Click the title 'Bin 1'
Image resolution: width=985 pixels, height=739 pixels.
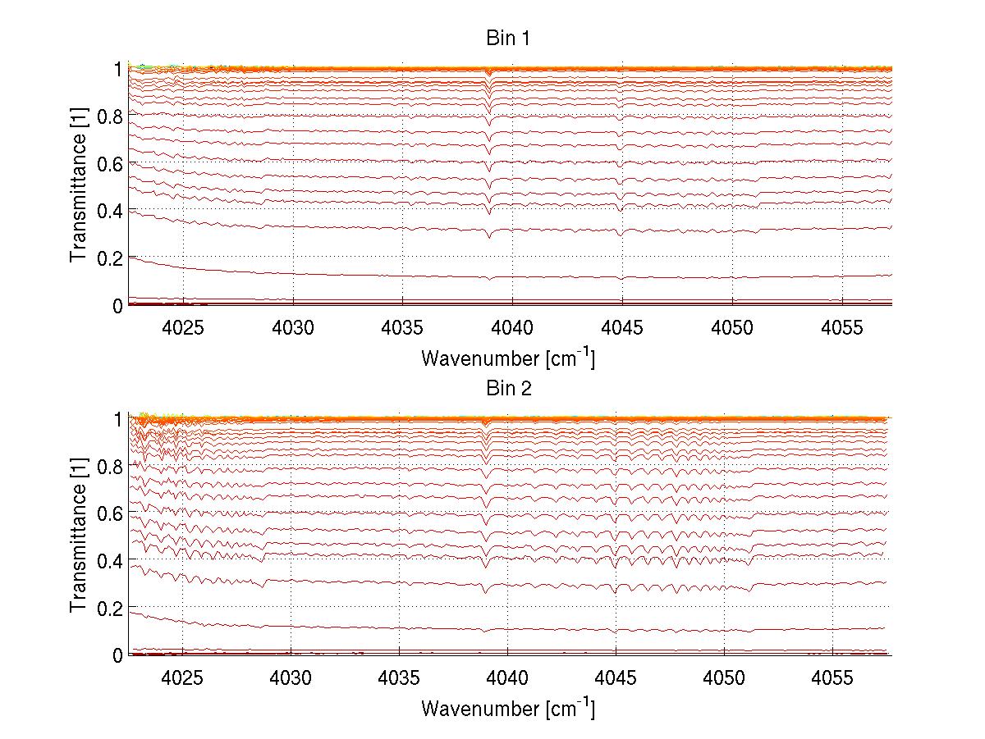point(509,39)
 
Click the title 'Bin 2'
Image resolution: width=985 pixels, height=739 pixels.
point(509,388)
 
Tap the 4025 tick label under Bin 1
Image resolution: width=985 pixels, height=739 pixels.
point(183,328)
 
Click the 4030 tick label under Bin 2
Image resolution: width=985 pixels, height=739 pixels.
point(291,678)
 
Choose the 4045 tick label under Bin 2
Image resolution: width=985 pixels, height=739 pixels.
point(616,678)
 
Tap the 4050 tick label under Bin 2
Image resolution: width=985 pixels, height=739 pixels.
point(725,678)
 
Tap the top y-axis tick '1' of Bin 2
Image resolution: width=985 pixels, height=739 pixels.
point(118,418)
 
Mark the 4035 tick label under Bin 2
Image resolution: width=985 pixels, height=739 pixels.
point(399,678)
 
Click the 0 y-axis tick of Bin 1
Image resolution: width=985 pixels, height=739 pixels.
point(118,306)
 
